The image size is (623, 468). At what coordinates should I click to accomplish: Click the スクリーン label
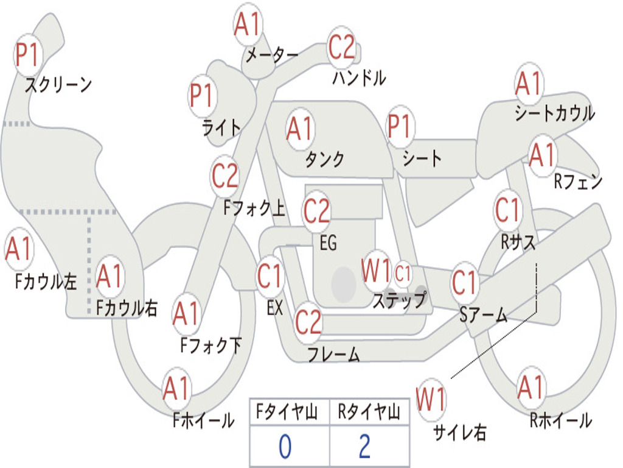tap(58, 84)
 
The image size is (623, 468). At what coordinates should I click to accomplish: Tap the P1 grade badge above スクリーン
tap(27, 55)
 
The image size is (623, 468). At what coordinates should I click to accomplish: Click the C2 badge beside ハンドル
tap(341, 47)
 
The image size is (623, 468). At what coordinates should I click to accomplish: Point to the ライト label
tap(221, 127)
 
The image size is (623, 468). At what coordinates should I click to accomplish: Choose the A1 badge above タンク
tap(299, 129)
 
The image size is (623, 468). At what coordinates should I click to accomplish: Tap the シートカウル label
tap(554, 113)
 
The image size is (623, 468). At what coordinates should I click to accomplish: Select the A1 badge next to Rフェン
tap(542, 156)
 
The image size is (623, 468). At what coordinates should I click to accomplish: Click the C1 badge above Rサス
tap(508, 211)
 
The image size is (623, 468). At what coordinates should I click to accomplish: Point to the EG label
tap(328, 243)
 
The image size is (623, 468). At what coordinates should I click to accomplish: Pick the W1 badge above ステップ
tap(376, 271)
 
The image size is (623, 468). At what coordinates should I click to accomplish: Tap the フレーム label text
tap(333, 354)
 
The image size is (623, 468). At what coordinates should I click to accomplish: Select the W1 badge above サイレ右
tap(431, 400)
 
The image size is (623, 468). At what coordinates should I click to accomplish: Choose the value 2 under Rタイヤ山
tap(364, 447)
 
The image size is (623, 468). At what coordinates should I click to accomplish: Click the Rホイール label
tap(560, 420)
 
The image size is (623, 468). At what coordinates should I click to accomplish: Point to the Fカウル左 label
tap(47, 282)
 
